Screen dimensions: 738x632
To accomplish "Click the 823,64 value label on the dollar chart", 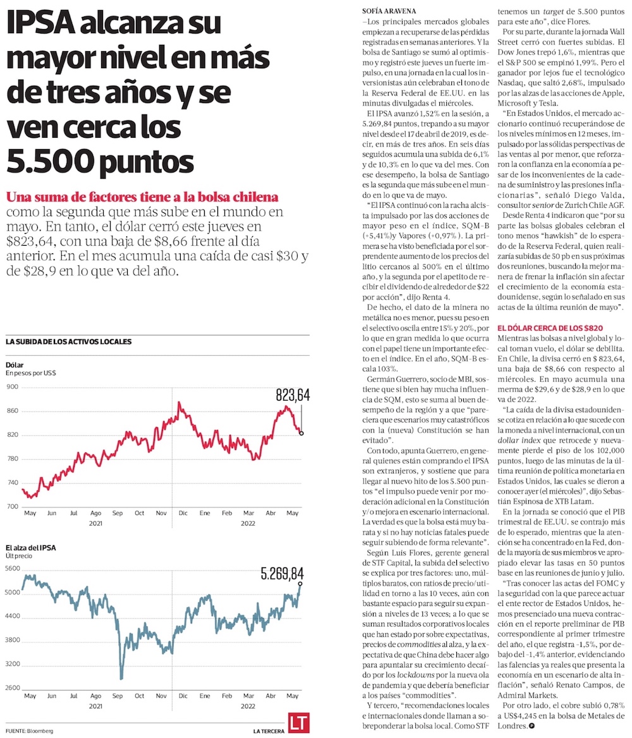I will pyautogui.click(x=293, y=396).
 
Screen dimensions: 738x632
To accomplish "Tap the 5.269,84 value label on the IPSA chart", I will pyautogui.click(x=283, y=574).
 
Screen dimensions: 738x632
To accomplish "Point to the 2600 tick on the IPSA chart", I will pyautogui.click(x=13, y=688).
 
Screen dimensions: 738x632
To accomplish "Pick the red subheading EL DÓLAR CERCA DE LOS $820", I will pyautogui.click(x=550, y=328).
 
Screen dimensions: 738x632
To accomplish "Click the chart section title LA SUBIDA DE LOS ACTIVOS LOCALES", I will pyautogui.click(x=68, y=342).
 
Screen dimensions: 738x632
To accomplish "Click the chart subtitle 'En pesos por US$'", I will pyautogui.click(x=31, y=373).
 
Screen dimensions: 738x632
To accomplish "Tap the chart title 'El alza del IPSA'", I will pyautogui.click(x=30, y=547).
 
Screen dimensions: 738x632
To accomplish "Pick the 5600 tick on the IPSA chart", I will pyautogui.click(x=13, y=569).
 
